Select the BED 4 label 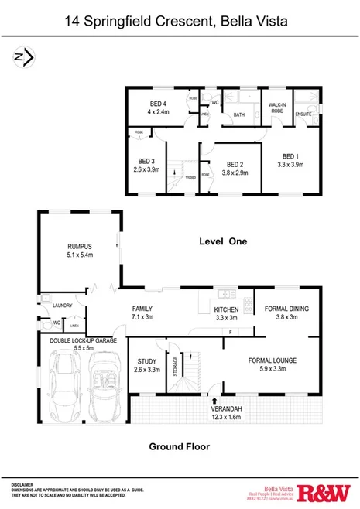[x=160, y=103]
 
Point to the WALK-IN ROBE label [x=278, y=108]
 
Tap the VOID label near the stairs [x=190, y=177]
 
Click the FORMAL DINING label [x=286, y=309]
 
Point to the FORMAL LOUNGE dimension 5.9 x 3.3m [x=272, y=370]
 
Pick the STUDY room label [x=147, y=361]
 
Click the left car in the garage [x=63, y=384]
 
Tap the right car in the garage [x=101, y=386]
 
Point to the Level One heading [x=221, y=241]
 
